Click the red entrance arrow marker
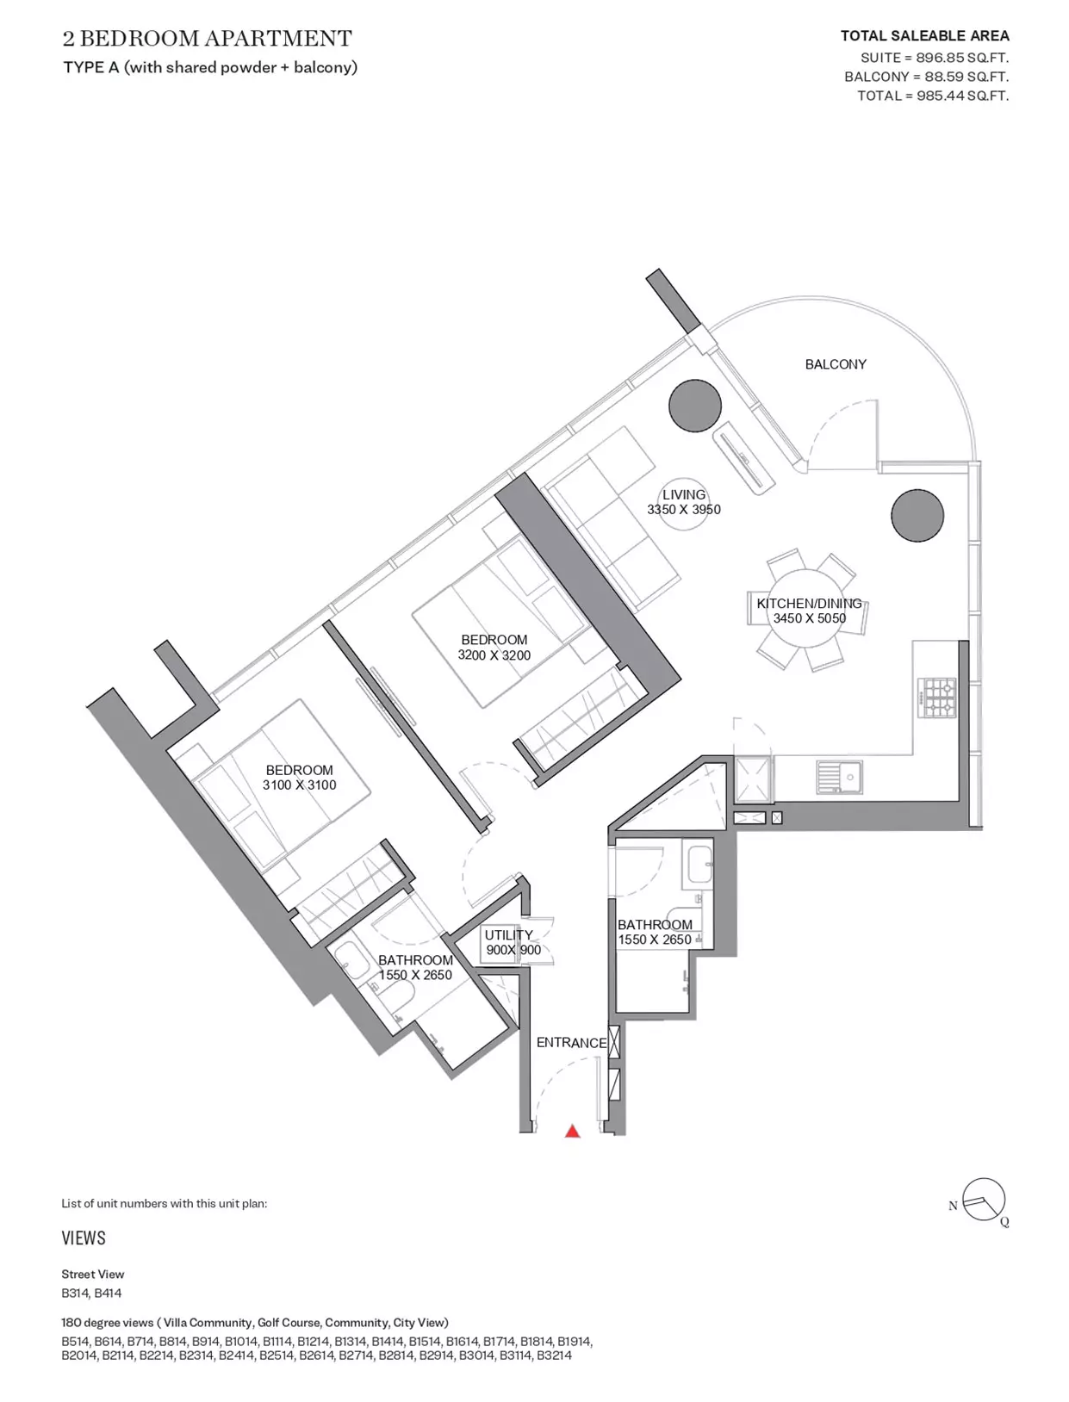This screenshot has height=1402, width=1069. point(572,1132)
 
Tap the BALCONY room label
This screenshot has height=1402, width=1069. point(836,365)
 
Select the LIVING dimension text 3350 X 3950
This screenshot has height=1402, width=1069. point(683,510)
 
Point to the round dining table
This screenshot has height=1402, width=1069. point(809,611)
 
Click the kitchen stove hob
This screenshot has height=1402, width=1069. point(937,697)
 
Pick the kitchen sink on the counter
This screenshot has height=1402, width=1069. point(839,777)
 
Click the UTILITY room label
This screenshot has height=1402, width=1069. point(508,935)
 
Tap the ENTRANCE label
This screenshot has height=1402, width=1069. point(571,1043)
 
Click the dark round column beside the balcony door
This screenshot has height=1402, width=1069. point(917,516)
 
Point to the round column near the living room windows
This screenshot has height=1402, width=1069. point(695,406)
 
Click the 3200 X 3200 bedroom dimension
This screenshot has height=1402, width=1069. point(494,655)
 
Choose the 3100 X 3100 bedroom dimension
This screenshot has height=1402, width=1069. point(299,785)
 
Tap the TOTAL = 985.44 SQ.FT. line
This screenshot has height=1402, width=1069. point(932,96)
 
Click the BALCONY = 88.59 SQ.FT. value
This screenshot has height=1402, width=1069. point(926,77)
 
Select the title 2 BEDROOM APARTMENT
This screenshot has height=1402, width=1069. point(207,39)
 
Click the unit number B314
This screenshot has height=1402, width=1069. point(73,1293)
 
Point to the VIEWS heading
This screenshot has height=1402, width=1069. point(84,1238)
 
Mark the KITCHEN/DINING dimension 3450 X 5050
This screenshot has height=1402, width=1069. point(809,618)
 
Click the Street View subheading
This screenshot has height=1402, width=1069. point(92,1275)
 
